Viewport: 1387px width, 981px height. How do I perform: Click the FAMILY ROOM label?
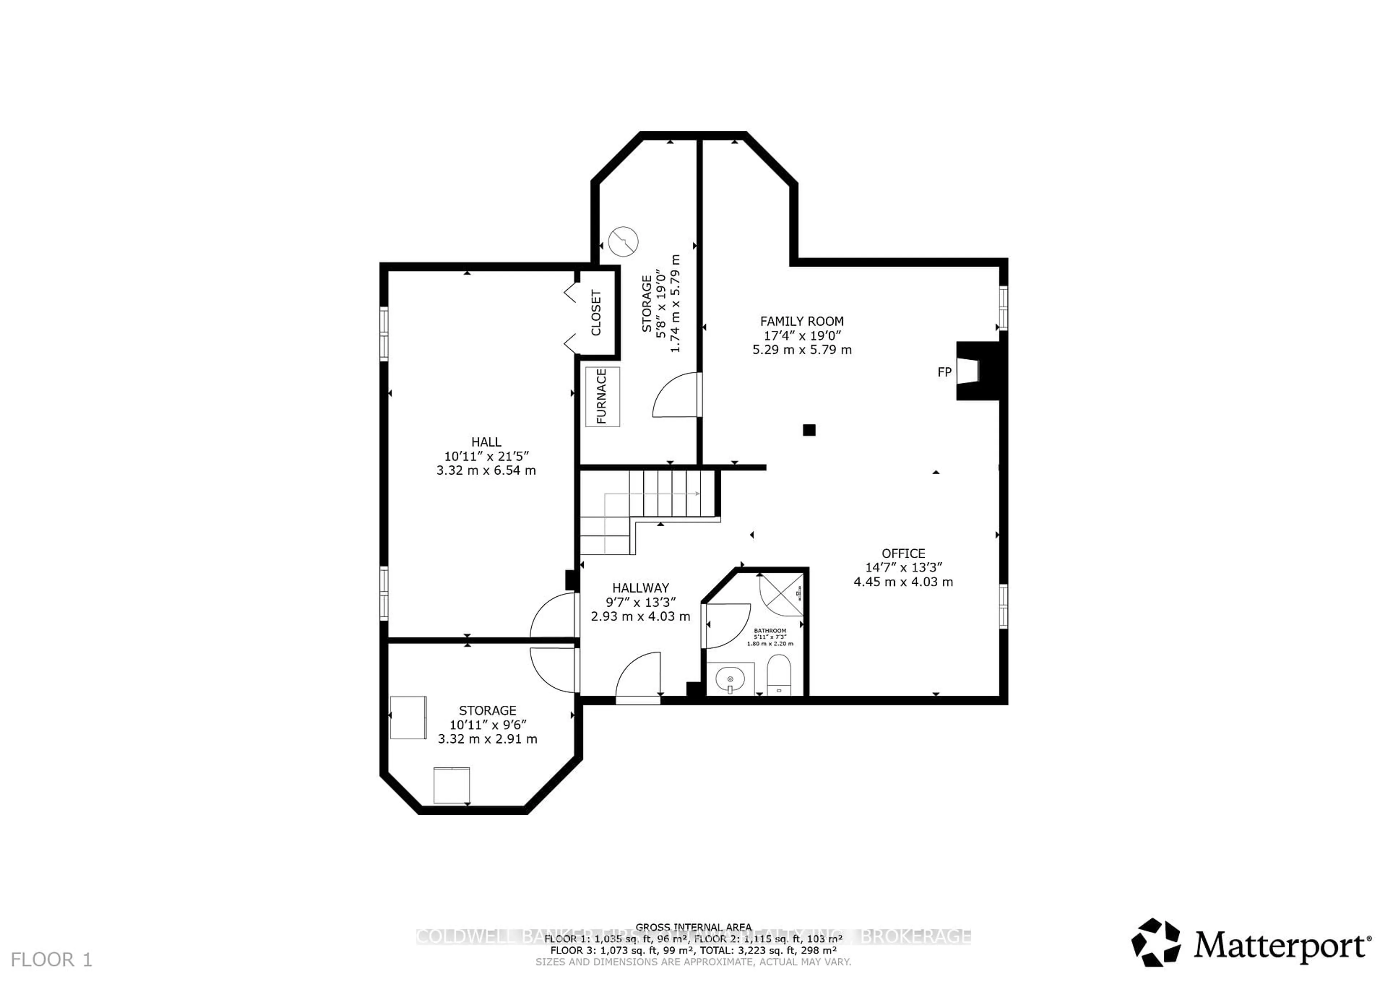[x=801, y=321]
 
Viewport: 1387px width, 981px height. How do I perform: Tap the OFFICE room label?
[x=903, y=553]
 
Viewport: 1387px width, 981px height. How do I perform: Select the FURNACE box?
[x=602, y=396]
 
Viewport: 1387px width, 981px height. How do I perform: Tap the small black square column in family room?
[x=809, y=430]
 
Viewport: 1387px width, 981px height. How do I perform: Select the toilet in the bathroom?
[x=779, y=675]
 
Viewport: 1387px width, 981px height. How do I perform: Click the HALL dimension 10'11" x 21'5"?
[x=486, y=456]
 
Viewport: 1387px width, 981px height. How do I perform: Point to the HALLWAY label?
[x=640, y=588]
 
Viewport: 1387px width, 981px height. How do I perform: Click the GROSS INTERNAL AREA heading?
[x=693, y=926]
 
